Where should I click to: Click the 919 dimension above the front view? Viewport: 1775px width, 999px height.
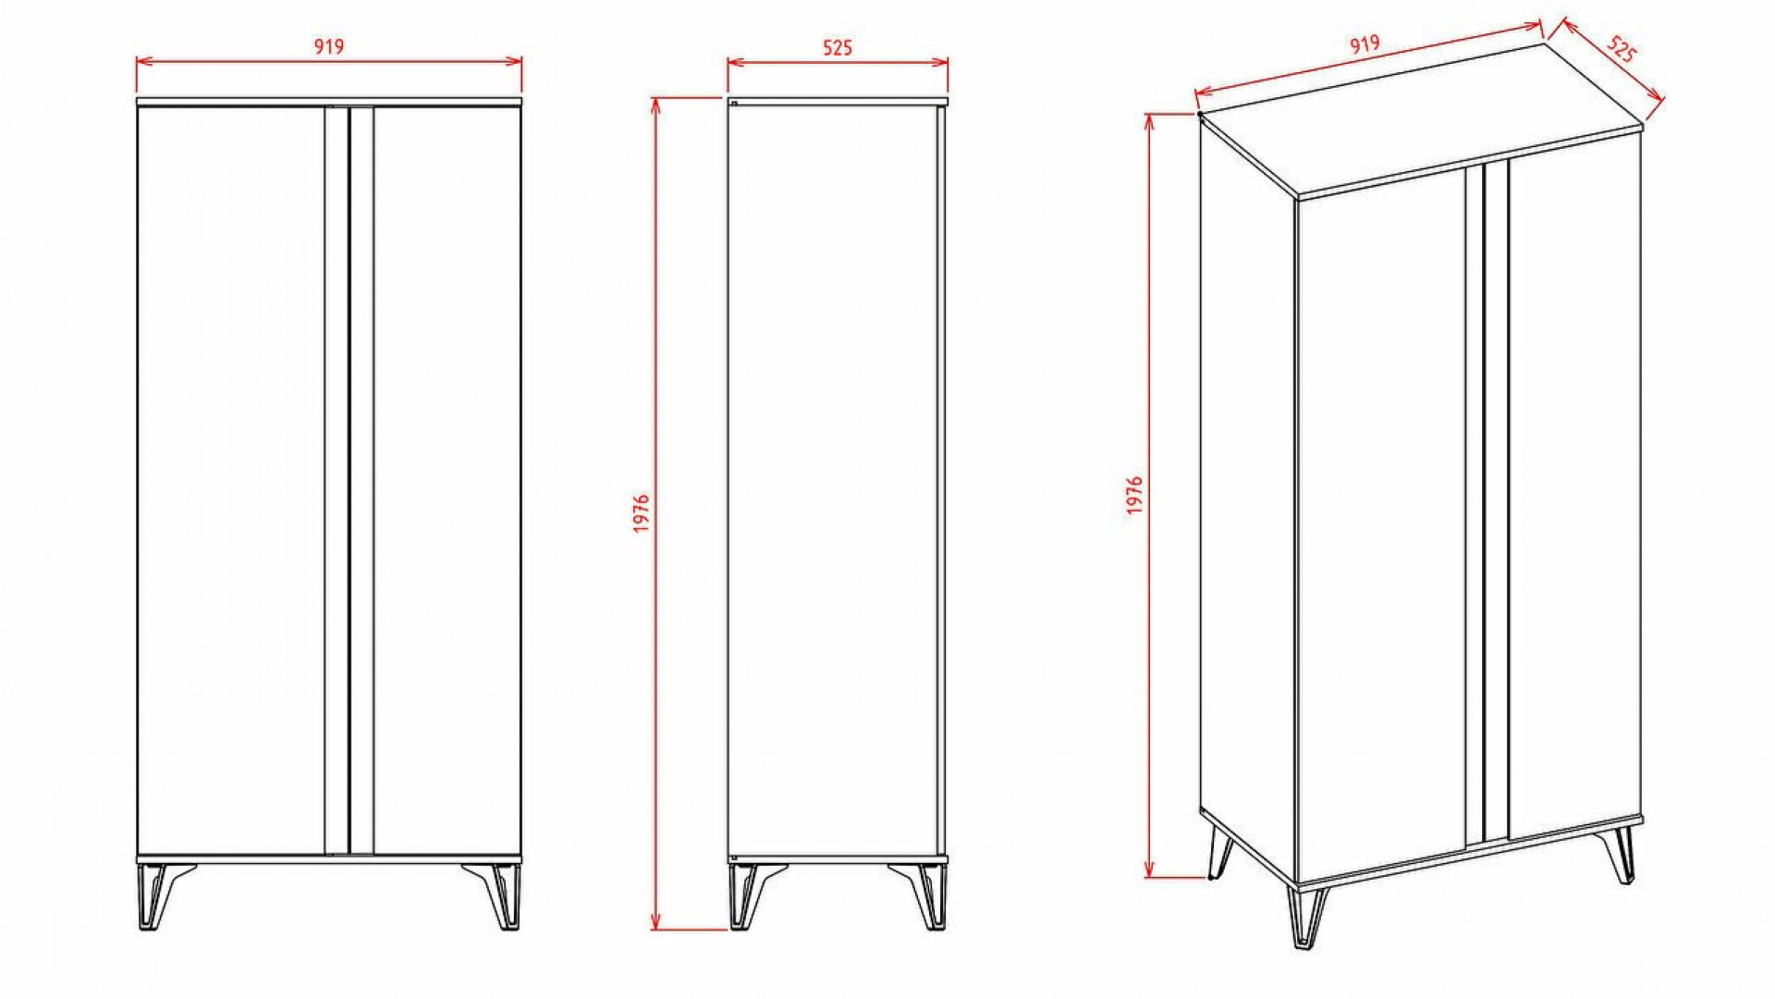[x=329, y=46]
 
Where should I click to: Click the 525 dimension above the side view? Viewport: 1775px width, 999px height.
[x=838, y=47]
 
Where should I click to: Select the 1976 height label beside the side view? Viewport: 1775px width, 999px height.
[x=643, y=513]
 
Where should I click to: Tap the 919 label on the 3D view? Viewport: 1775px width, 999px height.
[x=1365, y=44]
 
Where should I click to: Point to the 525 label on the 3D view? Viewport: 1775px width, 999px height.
[x=1620, y=49]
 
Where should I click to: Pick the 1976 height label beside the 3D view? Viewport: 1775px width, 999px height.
[x=1135, y=495]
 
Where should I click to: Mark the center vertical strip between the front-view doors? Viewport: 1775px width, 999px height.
[x=349, y=480]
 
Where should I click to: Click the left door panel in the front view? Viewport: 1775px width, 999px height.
[x=231, y=480]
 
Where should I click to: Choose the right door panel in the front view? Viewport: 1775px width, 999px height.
[x=447, y=480]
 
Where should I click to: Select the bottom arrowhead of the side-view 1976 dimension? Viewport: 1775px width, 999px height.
[x=655, y=921]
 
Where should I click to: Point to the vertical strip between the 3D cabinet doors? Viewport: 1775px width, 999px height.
[x=1487, y=501]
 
